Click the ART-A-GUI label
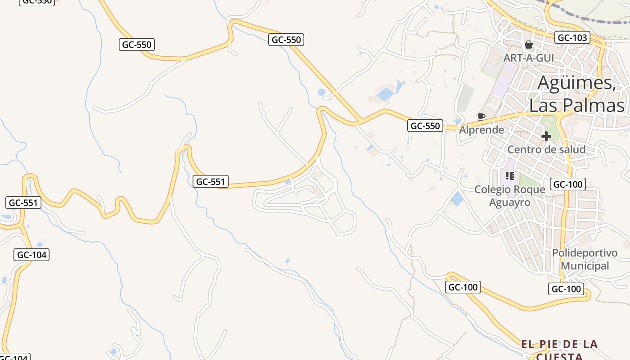[x=528, y=58]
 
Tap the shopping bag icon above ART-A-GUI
[x=529, y=45]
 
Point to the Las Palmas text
[x=577, y=106]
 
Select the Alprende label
[x=481, y=130]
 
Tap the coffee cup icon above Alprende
[x=481, y=117]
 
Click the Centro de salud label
[x=546, y=149]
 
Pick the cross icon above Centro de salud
[x=546, y=136]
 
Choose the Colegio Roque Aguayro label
[x=510, y=196]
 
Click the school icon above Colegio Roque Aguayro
[x=510, y=175]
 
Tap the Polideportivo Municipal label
[x=585, y=259]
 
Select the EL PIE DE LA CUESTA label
[x=559, y=350]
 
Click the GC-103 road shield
[x=572, y=38]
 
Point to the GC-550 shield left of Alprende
[x=425, y=126]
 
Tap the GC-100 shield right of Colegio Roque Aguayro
[x=568, y=184]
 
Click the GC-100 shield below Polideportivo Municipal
[x=566, y=289]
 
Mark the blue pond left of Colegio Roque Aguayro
[x=457, y=198]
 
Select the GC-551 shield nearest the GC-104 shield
[x=24, y=202]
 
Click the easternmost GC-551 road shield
[x=211, y=181]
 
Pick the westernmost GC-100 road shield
[x=463, y=287]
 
